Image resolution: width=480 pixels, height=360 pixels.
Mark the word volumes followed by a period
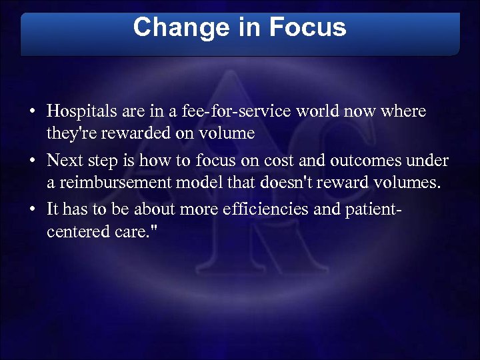pos(411,184)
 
